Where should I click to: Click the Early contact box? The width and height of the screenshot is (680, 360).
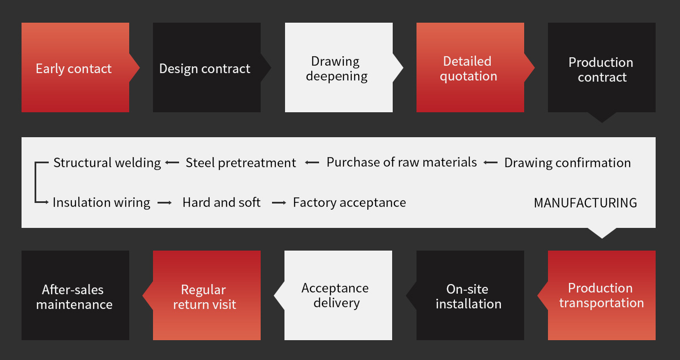[75, 68]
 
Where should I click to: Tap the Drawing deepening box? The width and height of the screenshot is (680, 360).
[338, 68]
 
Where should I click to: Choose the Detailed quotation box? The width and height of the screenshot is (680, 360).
[470, 68]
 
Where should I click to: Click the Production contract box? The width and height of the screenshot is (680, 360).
[601, 68]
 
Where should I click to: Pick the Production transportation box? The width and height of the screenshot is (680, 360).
[601, 295]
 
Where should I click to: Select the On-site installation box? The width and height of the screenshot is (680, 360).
[470, 295]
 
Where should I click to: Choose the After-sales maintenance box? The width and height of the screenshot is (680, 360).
[75, 295]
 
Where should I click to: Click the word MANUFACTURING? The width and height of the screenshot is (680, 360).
[585, 203]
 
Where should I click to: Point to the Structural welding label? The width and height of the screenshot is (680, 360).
[107, 163]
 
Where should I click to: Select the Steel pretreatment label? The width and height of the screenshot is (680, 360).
[241, 163]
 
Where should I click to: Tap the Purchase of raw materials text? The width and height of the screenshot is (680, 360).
[402, 163]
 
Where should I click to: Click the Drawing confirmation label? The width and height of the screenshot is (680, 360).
[567, 163]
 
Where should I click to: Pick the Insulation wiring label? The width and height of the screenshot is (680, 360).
[101, 203]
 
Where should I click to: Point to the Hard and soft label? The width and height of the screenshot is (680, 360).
[222, 203]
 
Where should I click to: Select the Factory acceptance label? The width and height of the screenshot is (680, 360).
[349, 203]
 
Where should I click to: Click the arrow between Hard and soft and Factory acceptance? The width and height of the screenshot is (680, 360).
[279, 203]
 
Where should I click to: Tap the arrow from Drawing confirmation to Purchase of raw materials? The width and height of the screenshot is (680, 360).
[490, 163]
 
